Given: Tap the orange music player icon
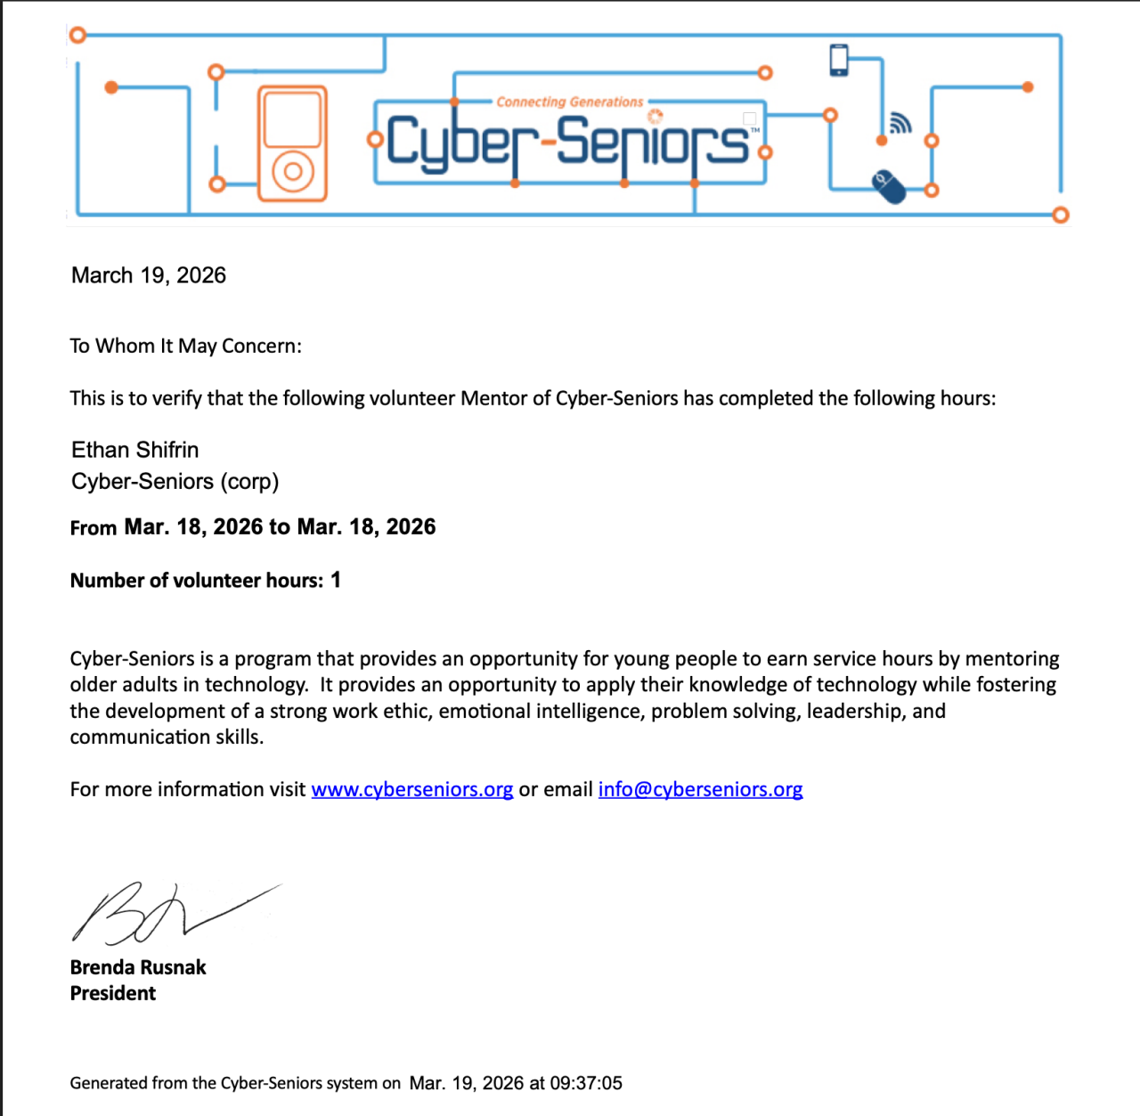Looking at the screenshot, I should click(292, 143).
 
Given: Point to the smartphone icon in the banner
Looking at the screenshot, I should click(838, 60).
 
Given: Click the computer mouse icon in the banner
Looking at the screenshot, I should click(889, 187).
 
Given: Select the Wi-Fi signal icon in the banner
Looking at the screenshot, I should click(900, 123).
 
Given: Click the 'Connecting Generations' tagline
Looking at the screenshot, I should click(569, 102).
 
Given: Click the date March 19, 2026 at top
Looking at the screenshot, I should click(149, 275).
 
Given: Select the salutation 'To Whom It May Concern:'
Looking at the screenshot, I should click(185, 346).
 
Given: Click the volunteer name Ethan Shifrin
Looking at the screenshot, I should click(135, 450).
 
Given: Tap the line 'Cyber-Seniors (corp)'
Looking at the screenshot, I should click(175, 482).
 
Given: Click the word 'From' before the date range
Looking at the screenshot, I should click(94, 528).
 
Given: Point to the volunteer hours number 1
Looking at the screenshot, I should click(336, 580).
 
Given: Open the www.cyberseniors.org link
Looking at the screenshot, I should click(411, 789).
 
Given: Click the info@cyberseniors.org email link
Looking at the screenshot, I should click(700, 789).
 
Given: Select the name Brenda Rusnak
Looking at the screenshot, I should click(138, 967).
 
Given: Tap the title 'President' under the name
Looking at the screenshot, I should click(113, 993).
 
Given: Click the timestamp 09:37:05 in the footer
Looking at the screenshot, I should click(586, 1083).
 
